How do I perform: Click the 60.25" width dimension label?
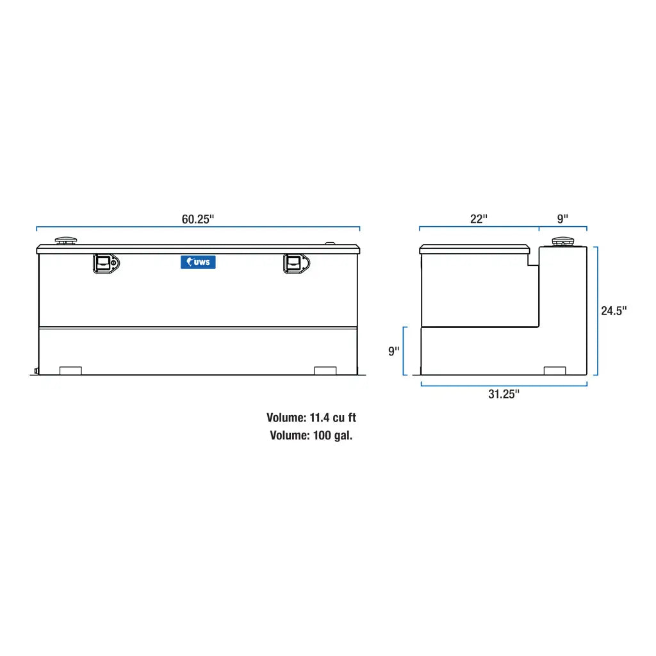[197, 218]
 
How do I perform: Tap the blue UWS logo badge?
[198, 262]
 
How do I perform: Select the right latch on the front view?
[295, 263]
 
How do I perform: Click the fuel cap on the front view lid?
[66, 241]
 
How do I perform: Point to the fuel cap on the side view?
[562, 242]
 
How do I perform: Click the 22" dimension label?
[479, 218]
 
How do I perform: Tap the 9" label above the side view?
[562, 218]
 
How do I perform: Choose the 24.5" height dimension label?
[614, 311]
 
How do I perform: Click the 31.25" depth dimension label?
[504, 395]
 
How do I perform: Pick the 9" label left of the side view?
[393, 351]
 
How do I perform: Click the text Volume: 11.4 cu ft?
[311, 418]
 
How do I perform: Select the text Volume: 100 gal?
[311, 436]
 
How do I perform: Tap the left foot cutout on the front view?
[70, 371]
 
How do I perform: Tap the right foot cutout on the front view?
[325, 371]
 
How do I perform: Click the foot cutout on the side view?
[555, 371]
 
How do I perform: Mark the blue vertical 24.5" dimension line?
[597, 311]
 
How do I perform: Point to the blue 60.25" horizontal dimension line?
[198, 227]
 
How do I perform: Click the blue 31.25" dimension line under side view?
[504, 385]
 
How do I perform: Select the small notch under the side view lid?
[532, 260]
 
